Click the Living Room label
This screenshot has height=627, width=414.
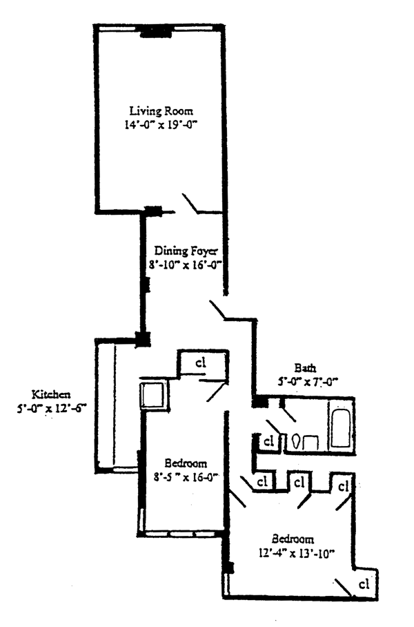coord(161,110)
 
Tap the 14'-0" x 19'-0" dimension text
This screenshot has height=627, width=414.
coord(161,125)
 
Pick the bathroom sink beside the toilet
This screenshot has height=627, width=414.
coord(311,441)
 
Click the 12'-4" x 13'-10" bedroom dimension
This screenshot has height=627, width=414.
coord(293,553)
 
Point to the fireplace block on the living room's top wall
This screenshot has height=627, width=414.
coord(155,32)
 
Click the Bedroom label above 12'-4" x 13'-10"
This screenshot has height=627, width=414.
coord(293,539)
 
